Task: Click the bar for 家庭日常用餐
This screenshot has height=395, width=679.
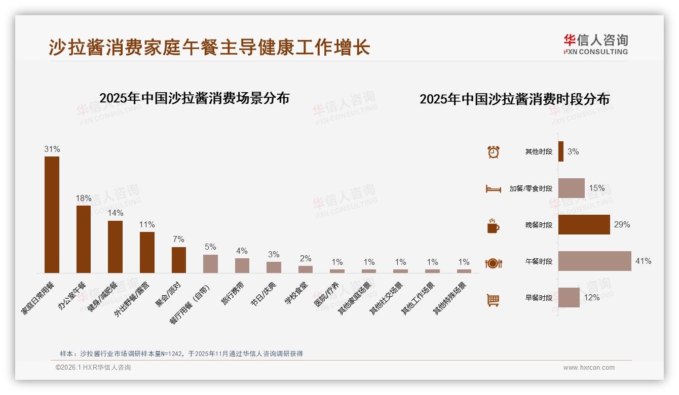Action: click(52, 215)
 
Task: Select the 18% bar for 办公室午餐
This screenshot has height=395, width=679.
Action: click(84, 239)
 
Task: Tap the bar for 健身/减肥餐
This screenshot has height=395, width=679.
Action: click(115, 247)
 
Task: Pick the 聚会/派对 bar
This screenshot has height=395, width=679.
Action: click(179, 260)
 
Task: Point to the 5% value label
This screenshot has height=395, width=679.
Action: click(210, 247)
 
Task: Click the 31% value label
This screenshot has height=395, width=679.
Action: click(52, 149)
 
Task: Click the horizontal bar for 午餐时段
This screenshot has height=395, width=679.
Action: click(595, 261)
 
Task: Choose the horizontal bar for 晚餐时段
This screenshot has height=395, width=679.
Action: click(584, 225)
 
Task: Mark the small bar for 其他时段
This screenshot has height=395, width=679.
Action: click(561, 151)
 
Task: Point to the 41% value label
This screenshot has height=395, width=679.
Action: click(643, 261)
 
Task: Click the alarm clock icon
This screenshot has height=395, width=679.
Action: click(494, 152)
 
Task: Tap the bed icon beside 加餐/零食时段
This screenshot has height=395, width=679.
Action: click(494, 189)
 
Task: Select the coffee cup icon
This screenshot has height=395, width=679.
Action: click(493, 226)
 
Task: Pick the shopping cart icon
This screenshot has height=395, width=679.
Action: click(493, 300)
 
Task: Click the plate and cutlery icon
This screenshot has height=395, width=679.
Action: click(494, 263)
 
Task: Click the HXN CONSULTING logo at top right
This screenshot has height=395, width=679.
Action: click(595, 45)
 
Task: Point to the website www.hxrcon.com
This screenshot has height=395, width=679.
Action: click(589, 368)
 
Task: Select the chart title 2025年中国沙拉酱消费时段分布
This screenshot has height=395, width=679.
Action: click(514, 99)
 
